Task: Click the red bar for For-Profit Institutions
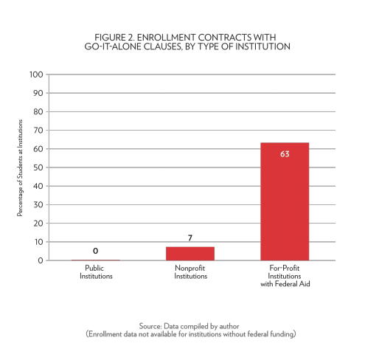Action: tap(285, 201)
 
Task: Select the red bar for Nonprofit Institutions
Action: tap(190, 254)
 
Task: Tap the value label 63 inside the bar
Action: tap(285, 154)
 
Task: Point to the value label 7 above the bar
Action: tap(190, 238)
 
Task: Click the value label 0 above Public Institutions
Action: tap(96, 251)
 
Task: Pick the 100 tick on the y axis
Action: tap(36, 75)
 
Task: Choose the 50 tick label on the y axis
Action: tap(38, 167)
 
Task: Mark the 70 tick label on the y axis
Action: tap(38, 131)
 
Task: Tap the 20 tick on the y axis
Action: tap(38, 224)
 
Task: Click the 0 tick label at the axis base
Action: tap(41, 260)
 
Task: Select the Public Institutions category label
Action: tap(96, 272)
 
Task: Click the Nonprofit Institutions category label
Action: tap(190, 272)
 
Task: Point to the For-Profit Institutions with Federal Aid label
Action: tap(285, 276)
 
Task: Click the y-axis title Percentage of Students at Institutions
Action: tap(20, 168)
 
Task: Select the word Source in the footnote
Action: tap(150, 326)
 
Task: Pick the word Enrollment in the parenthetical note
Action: tap(105, 334)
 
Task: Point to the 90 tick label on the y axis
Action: tap(38, 93)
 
